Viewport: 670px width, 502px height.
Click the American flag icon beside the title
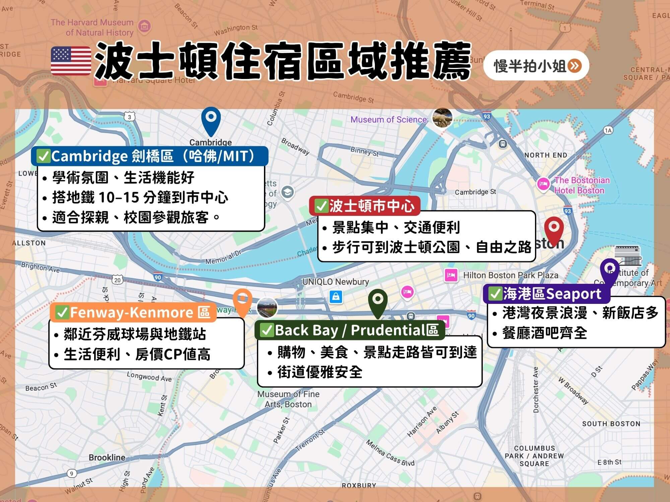pyautogui.click(x=71, y=61)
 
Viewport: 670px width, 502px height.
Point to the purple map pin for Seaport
pyautogui.click(x=609, y=270)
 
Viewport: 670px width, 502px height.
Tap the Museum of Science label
pyautogui.click(x=389, y=119)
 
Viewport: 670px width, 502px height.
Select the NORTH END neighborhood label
pyautogui.click(x=546, y=155)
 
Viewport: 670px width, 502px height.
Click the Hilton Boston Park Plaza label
pyautogui.click(x=511, y=275)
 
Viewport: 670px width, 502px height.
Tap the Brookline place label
pyautogui.click(x=107, y=457)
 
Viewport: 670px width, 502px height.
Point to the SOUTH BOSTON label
pyautogui.click(x=611, y=424)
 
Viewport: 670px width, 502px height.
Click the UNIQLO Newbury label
pyautogui.click(x=335, y=282)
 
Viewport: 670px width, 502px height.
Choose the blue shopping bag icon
pyautogui.click(x=336, y=297)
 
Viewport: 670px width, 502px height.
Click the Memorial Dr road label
pyautogui.click(x=223, y=257)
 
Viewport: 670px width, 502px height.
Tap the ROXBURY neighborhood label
pyautogui.click(x=359, y=485)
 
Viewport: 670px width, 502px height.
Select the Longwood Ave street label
pyautogui.click(x=149, y=377)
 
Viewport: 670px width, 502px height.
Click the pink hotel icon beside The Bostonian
pyautogui.click(x=543, y=184)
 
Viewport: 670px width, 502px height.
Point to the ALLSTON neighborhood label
pyautogui.click(x=29, y=243)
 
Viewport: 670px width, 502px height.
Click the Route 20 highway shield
pyautogui.click(x=117, y=280)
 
